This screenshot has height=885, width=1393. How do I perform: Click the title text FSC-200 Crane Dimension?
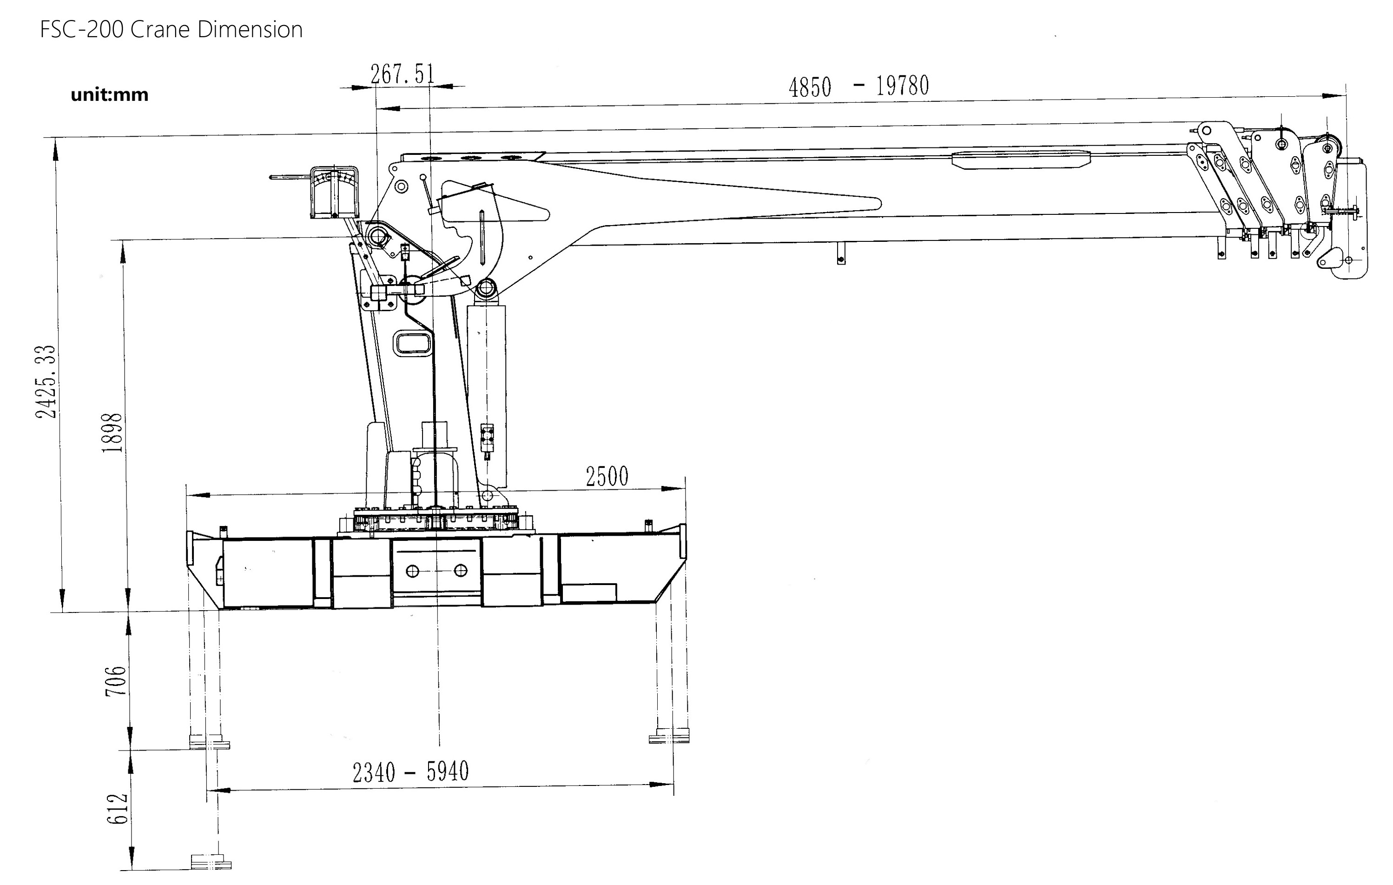point(171,29)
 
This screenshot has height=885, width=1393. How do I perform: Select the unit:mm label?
point(109,94)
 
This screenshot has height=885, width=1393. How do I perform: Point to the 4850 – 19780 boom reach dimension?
point(858,86)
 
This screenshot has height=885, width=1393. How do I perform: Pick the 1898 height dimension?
point(112,433)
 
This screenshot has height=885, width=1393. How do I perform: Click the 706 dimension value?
point(116,681)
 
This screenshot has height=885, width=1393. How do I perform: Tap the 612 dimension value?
point(118,809)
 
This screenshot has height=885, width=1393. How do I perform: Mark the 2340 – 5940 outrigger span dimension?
point(411,772)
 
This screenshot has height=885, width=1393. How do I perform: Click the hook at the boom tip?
point(1347,263)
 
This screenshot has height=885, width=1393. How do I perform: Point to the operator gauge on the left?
point(334,192)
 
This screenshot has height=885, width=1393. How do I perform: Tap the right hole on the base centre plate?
point(461,571)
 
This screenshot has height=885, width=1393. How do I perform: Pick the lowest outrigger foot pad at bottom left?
point(211,862)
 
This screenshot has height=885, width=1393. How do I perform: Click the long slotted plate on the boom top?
point(1021,160)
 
